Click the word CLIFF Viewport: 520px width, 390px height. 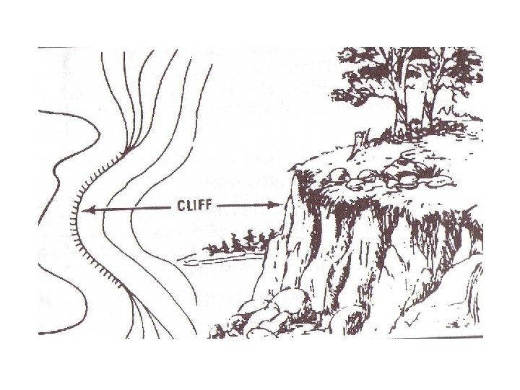[194, 205]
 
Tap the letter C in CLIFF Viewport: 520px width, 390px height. [181, 205]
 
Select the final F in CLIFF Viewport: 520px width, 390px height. [208, 205]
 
